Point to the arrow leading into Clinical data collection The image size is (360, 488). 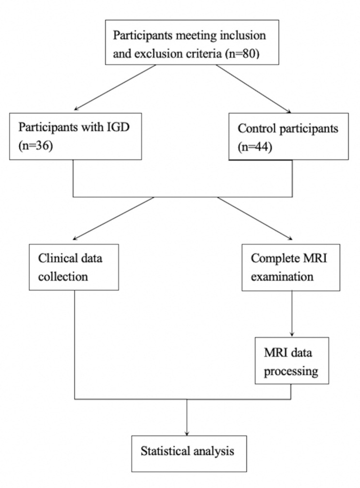click(x=114, y=218)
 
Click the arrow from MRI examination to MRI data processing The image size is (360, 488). click(x=292, y=314)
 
